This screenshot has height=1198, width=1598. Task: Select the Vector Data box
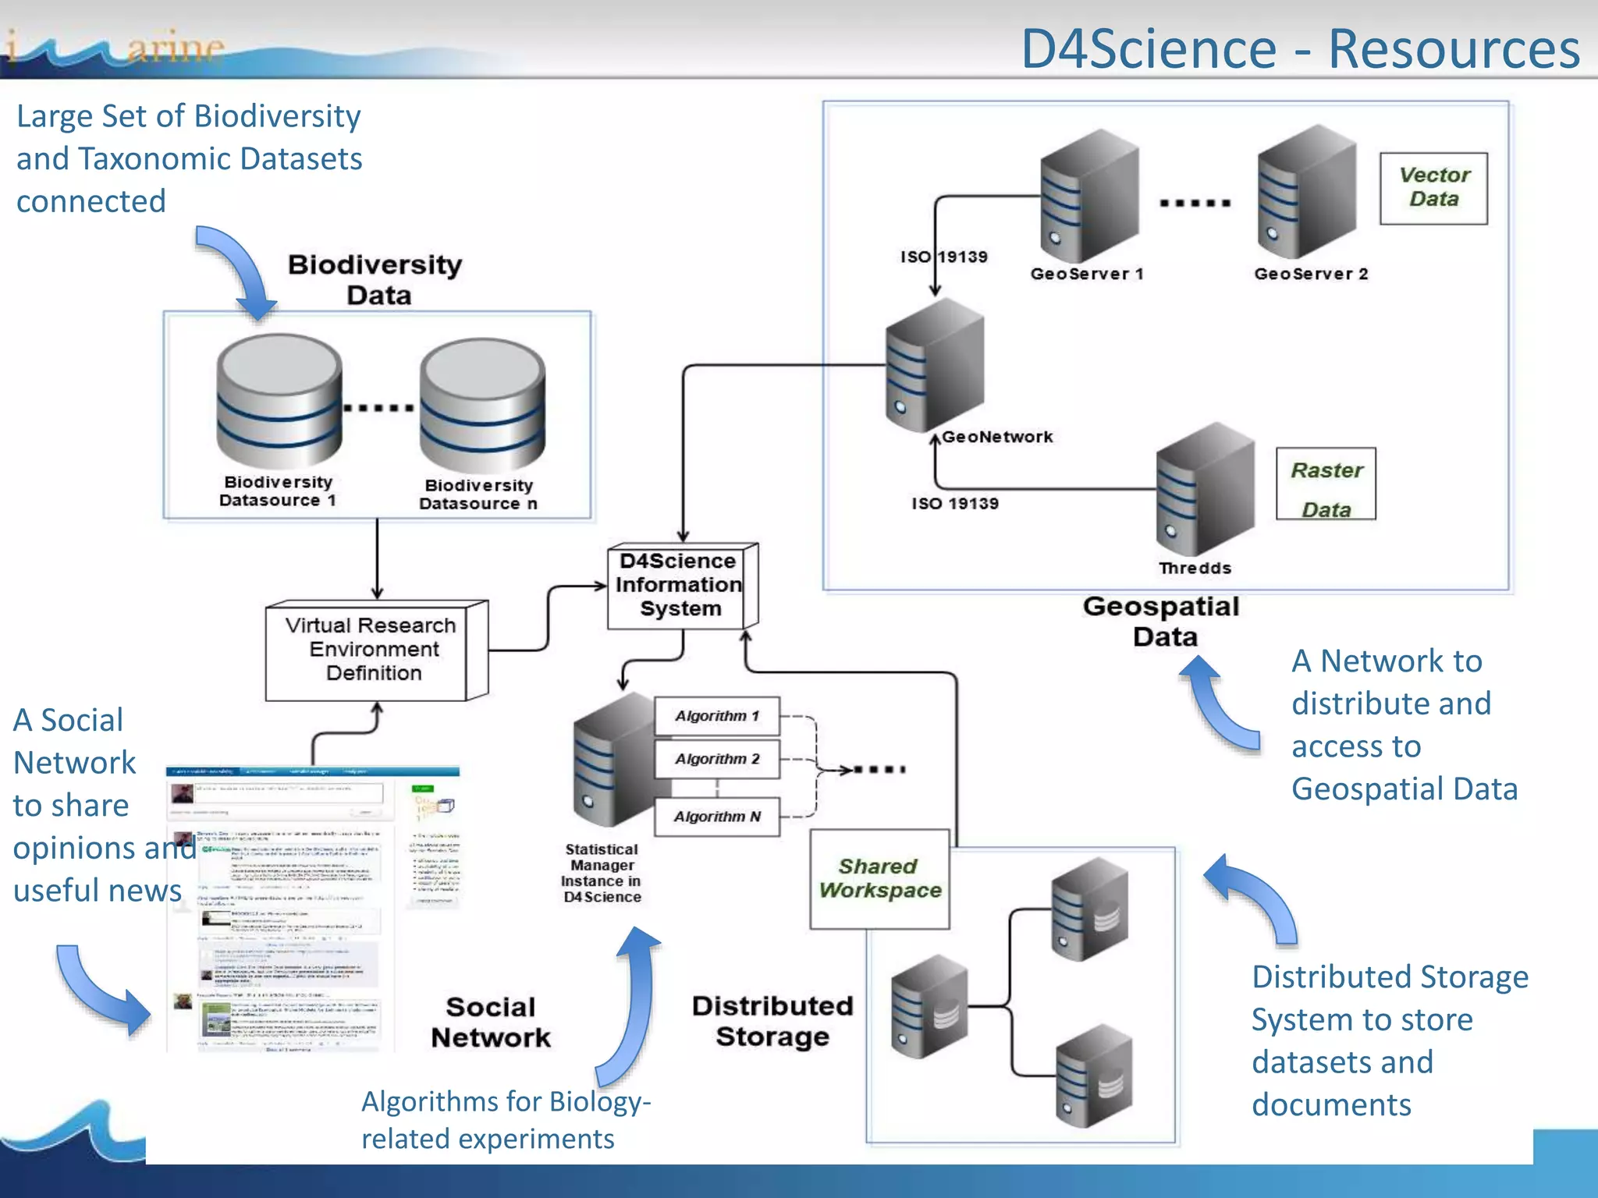(x=1433, y=188)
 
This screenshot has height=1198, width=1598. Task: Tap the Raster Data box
(x=1326, y=484)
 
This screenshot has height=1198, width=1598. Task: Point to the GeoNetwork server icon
(x=934, y=365)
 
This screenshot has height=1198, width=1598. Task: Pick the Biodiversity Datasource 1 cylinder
(x=279, y=402)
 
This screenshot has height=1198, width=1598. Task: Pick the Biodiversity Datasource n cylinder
(x=481, y=406)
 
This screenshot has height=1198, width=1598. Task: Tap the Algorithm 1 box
(x=716, y=716)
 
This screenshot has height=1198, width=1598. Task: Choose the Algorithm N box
(x=716, y=817)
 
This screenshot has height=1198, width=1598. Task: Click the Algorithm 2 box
(x=716, y=759)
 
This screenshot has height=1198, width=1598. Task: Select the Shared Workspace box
(x=879, y=879)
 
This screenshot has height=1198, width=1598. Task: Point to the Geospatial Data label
(x=1162, y=622)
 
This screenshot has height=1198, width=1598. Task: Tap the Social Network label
(x=491, y=1023)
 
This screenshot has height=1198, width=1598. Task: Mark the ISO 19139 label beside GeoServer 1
(x=944, y=257)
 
